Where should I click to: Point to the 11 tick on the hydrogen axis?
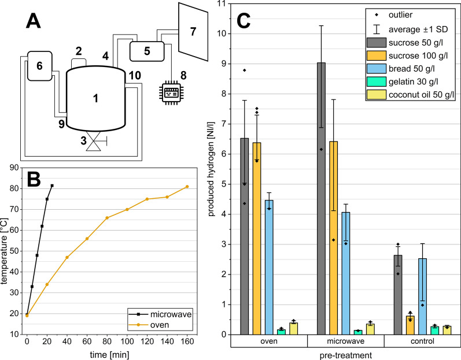point(223,3)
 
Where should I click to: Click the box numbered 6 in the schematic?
point(39,66)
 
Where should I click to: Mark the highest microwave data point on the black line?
point(52,185)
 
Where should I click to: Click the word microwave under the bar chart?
point(345,342)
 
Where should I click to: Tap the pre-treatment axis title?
point(345,354)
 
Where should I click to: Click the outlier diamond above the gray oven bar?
point(244,70)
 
